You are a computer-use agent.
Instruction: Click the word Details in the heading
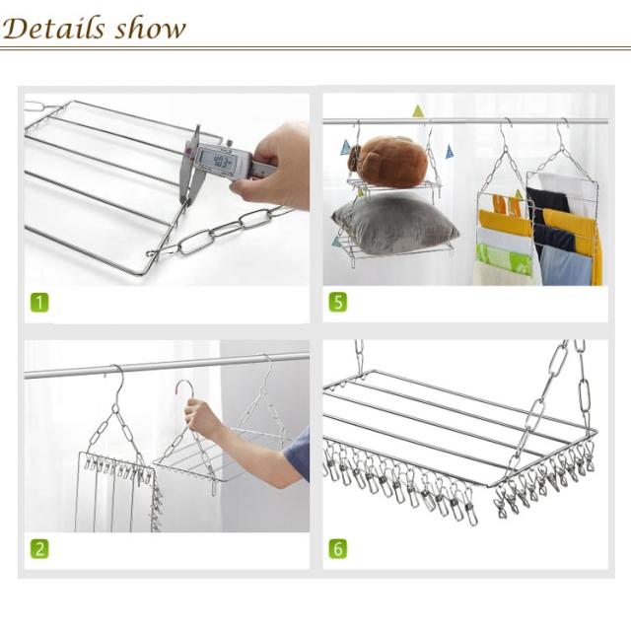(x=53, y=29)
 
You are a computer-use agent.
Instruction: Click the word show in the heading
(x=150, y=29)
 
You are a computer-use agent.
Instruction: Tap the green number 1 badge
(x=39, y=303)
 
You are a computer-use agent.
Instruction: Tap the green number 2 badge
(x=39, y=549)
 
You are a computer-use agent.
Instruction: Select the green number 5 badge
(x=337, y=303)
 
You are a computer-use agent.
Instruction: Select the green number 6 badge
(x=337, y=549)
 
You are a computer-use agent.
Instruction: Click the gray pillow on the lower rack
(x=394, y=228)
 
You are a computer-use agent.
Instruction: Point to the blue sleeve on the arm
(x=299, y=454)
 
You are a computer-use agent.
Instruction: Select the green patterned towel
(x=505, y=257)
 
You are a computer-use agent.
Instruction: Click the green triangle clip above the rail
(x=418, y=111)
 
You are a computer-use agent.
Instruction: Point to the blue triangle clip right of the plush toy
(x=450, y=152)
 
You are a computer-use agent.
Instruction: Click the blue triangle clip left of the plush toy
(x=345, y=148)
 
